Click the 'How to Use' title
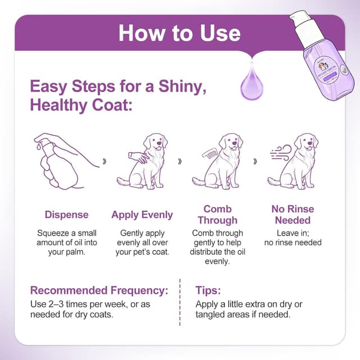click(x=179, y=33)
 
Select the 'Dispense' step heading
click(x=66, y=214)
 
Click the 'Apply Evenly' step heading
click(x=142, y=214)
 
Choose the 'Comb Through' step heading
click(x=217, y=214)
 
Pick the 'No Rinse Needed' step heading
click(x=292, y=214)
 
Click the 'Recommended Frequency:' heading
click(x=99, y=290)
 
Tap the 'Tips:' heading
click(x=208, y=290)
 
